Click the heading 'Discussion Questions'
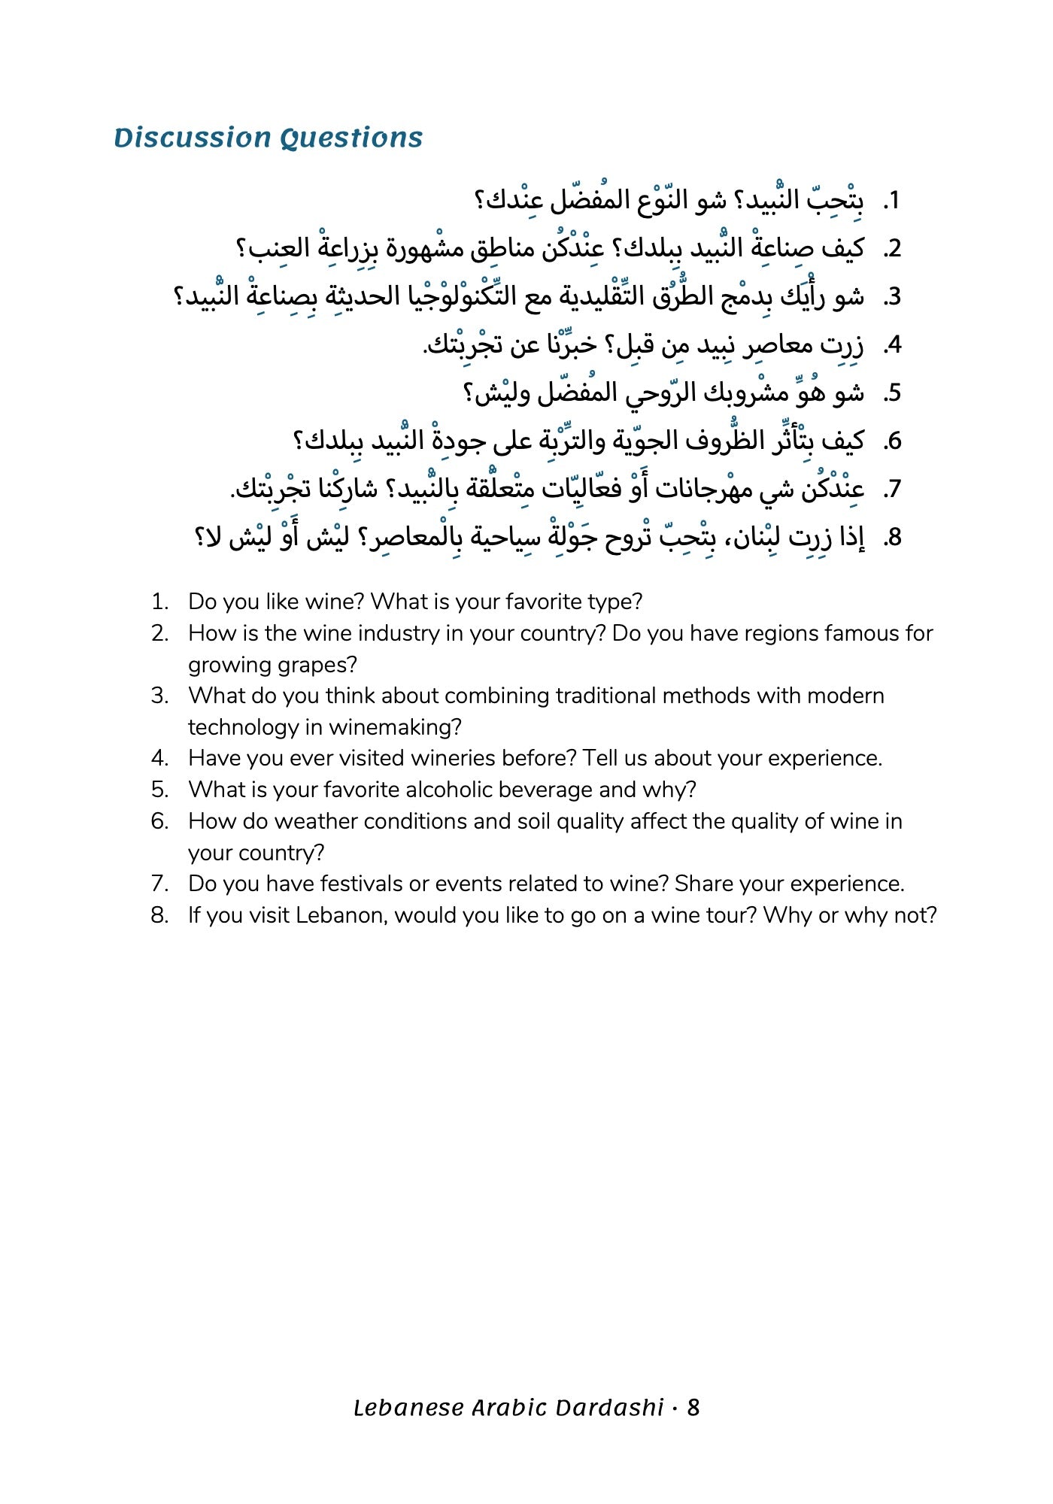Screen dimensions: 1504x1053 coord(269,138)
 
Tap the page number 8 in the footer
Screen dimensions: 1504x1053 coord(693,1408)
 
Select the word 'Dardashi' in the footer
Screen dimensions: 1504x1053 coord(611,1408)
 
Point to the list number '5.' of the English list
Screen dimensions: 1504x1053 coord(159,790)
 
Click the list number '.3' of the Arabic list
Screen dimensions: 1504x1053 coord(892,297)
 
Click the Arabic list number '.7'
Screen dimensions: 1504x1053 coord(892,490)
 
